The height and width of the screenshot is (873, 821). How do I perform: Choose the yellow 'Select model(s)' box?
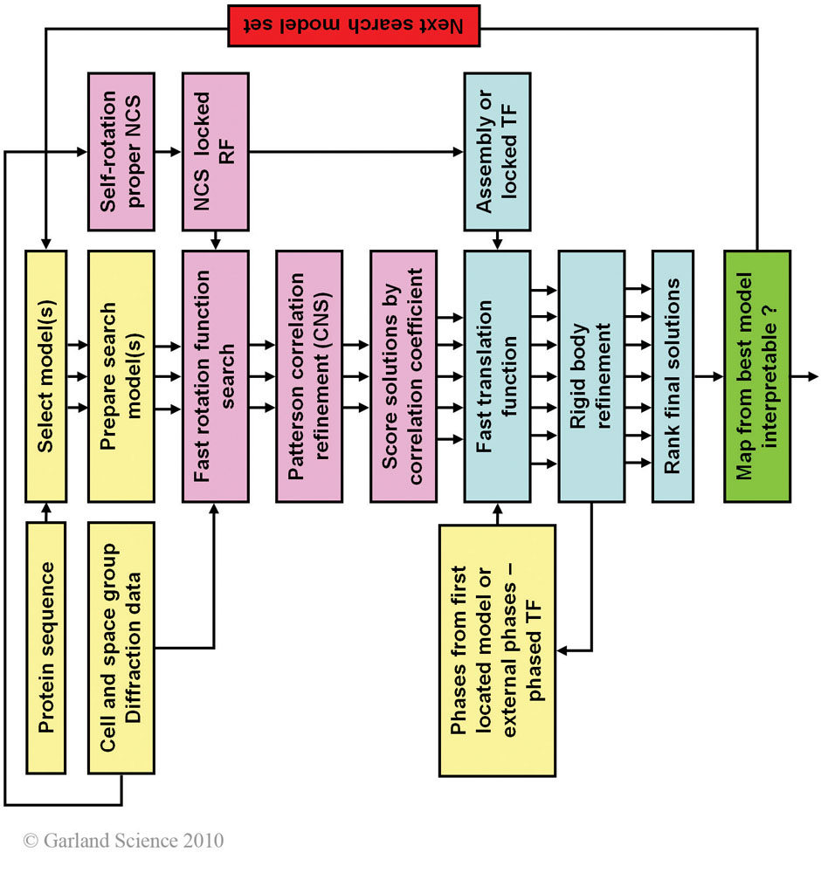tap(46, 376)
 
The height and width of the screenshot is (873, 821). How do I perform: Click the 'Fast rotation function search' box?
tap(215, 376)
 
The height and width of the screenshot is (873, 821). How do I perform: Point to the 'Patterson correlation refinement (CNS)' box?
tap(308, 376)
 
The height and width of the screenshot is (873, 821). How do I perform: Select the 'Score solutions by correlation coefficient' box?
tap(403, 376)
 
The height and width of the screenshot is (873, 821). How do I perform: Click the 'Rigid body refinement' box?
tap(591, 376)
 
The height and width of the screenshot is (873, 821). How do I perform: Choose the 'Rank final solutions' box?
tap(673, 376)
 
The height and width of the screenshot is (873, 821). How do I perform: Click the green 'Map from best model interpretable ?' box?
tap(757, 376)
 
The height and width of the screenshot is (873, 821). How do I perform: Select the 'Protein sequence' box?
tap(46, 647)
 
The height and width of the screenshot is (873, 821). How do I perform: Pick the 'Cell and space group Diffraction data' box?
tap(121, 647)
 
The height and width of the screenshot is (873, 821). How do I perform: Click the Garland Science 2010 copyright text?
tap(123, 841)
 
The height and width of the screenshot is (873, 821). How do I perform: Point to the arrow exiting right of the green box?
tap(804, 376)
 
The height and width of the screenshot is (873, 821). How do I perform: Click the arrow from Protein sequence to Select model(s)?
tap(46, 512)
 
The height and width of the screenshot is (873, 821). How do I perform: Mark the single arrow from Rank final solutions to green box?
tap(708, 376)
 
